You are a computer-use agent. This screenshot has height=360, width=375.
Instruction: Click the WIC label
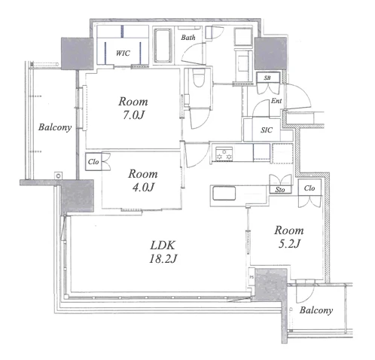[123, 53]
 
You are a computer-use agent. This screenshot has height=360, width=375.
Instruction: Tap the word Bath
[188, 38]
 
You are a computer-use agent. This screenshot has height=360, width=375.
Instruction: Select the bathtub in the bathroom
[163, 45]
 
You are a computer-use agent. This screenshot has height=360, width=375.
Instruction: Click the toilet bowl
[199, 78]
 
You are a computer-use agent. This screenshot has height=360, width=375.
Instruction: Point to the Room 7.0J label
[133, 108]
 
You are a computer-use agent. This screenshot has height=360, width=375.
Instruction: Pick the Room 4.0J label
[143, 181]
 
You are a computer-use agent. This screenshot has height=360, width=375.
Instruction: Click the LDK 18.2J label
[163, 252]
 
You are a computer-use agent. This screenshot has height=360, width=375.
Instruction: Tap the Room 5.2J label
[289, 236]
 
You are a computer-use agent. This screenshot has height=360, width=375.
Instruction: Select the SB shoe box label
[267, 78]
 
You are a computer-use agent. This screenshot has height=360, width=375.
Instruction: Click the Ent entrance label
[276, 101]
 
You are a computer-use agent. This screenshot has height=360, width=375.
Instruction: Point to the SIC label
[267, 130]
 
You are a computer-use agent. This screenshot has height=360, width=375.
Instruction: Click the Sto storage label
[280, 190]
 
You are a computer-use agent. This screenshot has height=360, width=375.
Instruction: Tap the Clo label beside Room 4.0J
[93, 162]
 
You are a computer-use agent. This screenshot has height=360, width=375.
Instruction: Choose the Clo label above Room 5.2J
[309, 188]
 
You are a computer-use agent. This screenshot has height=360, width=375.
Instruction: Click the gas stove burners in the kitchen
[224, 154]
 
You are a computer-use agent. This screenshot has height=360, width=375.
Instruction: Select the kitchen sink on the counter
[224, 194]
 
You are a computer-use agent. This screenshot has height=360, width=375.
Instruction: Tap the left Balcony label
[55, 127]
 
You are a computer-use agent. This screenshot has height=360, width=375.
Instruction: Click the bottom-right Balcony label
[316, 310]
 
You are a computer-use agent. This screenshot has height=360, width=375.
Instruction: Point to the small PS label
[252, 277]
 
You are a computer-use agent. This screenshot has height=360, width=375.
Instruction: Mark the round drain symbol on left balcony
[58, 175]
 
